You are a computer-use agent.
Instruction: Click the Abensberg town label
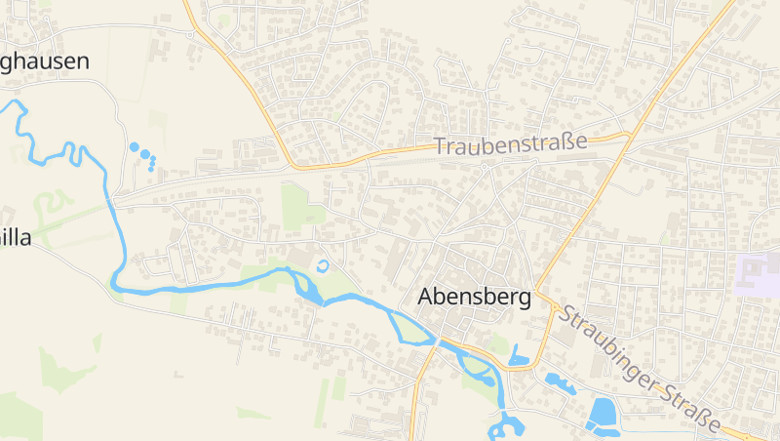click(x=475, y=298)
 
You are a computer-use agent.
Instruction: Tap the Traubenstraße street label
click(x=510, y=144)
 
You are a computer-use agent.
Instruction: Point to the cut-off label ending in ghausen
click(x=44, y=61)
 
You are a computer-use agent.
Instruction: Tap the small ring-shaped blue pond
click(x=324, y=264)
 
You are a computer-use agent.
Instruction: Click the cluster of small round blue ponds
click(x=143, y=154)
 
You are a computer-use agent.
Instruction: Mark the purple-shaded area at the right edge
click(x=760, y=274)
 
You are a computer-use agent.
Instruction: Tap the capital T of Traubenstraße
click(x=441, y=147)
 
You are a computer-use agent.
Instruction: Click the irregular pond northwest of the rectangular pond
click(x=560, y=381)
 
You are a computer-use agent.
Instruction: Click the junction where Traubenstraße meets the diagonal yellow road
click(x=628, y=135)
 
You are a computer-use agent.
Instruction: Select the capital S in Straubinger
click(x=566, y=316)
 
